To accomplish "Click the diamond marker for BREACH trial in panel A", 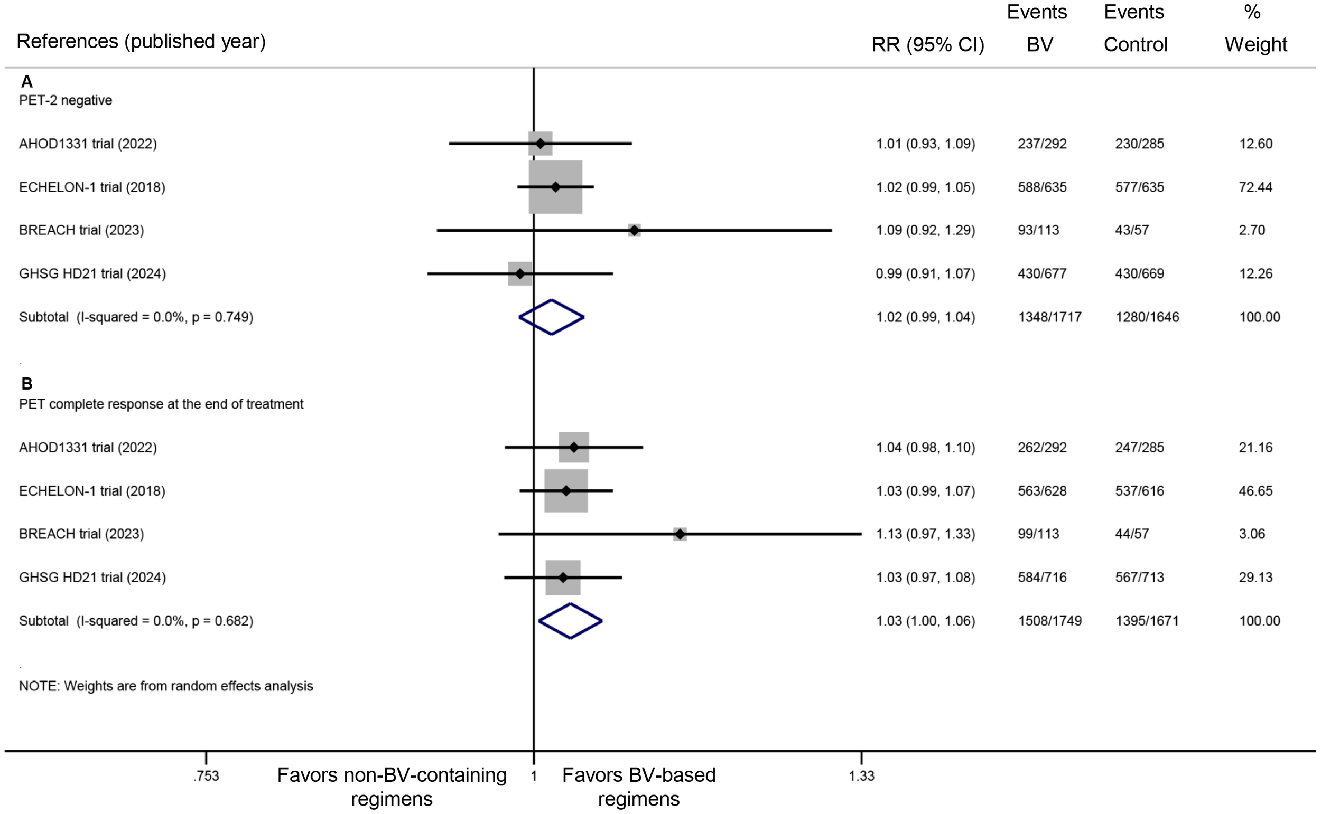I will (x=635, y=230).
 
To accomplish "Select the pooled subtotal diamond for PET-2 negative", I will (x=551, y=317).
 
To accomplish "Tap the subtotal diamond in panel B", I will (x=570, y=621).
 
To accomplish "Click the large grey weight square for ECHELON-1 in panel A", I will (x=555, y=187).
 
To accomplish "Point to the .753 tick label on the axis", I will (x=206, y=776).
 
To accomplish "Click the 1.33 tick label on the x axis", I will (x=861, y=776).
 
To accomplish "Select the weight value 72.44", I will (x=1255, y=187).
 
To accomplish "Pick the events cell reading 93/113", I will (x=1038, y=230).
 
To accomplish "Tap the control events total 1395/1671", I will (x=1147, y=621).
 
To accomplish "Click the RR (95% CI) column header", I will (x=928, y=44).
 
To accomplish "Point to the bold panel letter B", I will (x=27, y=383).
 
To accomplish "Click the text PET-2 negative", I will (x=65, y=101).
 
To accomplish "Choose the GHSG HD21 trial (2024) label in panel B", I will (x=92, y=577).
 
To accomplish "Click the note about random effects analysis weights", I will (x=166, y=686).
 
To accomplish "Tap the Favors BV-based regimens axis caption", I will (x=638, y=787).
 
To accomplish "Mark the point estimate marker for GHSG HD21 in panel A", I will (x=520, y=273).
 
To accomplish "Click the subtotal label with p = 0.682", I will (x=136, y=621).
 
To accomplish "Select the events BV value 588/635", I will (x=1042, y=187).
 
